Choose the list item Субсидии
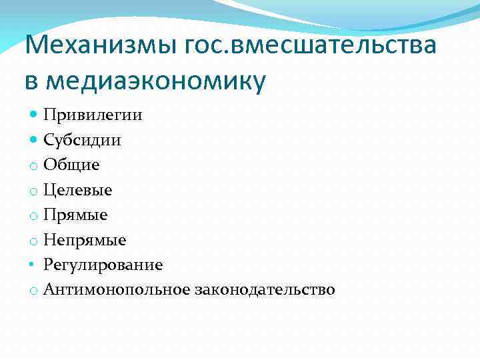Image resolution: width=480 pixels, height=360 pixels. (83, 140)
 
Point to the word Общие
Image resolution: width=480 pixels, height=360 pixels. (72, 165)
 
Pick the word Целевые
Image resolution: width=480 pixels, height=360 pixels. (78, 190)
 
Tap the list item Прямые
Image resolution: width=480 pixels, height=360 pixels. (76, 215)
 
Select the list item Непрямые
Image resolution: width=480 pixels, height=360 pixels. (85, 240)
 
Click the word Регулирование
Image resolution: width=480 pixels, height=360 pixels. (103, 265)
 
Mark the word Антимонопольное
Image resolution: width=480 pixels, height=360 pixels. (117, 290)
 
